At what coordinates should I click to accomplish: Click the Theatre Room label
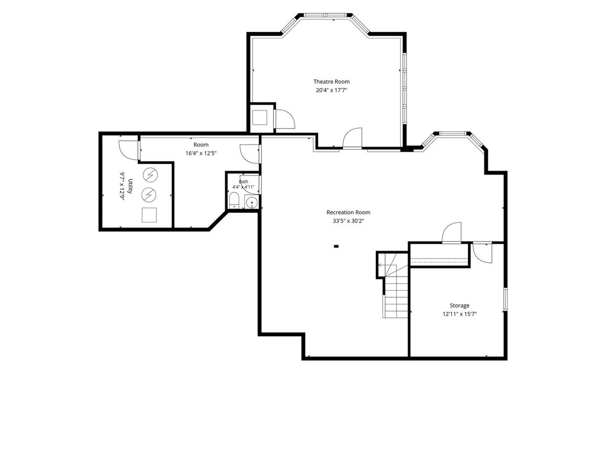[331, 81]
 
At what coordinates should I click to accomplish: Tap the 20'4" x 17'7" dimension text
[331, 90]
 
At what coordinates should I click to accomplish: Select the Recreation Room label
[348, 212]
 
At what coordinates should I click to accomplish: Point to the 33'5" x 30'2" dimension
[348, 221]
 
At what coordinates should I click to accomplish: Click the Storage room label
[460, 305]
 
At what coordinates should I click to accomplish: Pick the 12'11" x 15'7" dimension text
[460, 314]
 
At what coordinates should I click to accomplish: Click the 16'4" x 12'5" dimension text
[200, 153]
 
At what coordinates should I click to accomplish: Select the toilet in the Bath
[234, 200]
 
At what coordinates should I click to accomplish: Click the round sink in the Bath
[251, 202]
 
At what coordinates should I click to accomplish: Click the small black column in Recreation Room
[336, 246]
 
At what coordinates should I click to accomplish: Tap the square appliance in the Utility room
[149, 215]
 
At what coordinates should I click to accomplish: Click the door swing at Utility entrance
[128, 150]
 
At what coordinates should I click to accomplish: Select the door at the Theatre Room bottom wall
[352, 139]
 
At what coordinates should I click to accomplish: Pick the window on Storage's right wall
[505, 299]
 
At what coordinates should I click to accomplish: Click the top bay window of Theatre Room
[325, 15]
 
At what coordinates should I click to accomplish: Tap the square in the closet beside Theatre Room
[260, 117]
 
